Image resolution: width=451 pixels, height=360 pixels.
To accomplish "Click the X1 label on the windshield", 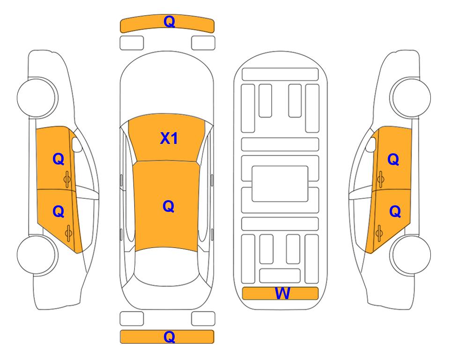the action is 169,139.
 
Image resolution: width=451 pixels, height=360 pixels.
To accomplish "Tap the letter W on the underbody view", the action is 282,293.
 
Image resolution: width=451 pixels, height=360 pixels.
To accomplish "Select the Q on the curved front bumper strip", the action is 170,22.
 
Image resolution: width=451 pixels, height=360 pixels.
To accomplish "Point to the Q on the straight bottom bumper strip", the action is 170,337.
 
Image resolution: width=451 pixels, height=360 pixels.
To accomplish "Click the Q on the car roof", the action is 169,206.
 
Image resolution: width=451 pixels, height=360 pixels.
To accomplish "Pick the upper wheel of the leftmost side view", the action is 37,97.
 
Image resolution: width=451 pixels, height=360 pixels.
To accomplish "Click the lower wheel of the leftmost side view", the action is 37,255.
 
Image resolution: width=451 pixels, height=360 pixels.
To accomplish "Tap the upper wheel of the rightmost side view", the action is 411,97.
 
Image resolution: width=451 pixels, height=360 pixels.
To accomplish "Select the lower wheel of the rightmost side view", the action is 411,255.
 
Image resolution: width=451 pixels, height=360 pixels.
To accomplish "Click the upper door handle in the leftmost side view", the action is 67,179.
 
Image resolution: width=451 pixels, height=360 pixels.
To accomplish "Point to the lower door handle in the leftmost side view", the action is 68,233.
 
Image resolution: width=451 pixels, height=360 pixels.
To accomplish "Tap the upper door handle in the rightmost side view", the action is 381,179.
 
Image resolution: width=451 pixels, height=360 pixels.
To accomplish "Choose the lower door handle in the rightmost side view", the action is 379,233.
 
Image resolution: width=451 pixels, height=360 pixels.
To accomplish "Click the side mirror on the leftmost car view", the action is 77,144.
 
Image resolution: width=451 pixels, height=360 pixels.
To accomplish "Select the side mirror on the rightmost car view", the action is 371,144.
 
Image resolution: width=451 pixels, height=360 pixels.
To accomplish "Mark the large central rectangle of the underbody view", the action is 280,184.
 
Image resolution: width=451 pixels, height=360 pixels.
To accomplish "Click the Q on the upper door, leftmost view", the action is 59,159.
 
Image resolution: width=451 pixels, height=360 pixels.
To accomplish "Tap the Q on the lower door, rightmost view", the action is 395,212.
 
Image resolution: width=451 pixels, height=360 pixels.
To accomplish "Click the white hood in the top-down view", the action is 167,86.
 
